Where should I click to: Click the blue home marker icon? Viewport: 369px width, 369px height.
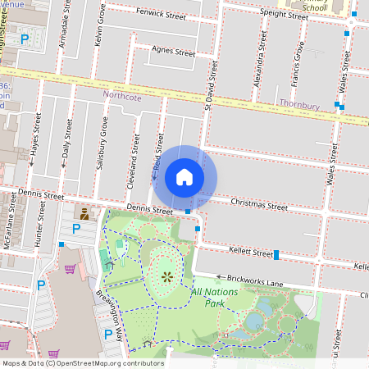184,177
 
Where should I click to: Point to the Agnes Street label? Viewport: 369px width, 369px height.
173,52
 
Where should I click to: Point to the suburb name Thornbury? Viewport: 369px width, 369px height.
298,105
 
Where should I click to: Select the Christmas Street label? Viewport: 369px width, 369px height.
259,204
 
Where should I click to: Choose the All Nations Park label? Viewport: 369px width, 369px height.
219,297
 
